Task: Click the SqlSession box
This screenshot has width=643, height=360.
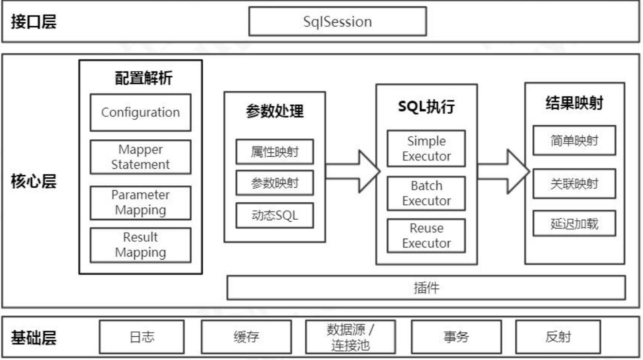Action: (x=337, y=21)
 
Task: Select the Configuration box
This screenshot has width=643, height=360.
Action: (x=140, y=113)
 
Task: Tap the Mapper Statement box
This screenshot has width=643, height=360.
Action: (x=140, y=157)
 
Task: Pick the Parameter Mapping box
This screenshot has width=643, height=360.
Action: (x=140, y=203)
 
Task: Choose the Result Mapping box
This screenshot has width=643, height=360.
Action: (x=140, y=245)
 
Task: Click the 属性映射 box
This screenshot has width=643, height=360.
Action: (x=275, y=152)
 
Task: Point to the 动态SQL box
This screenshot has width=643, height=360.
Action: (x=275, y=216)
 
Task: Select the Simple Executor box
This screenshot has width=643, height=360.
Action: (x=426, y=149)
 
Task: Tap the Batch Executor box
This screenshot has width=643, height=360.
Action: (x=426, y=193)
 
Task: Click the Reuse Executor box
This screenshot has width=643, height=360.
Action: (x=426, y=236)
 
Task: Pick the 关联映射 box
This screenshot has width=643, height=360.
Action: (x=574, y=183)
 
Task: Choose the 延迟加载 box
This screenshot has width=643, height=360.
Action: (x=574, y=224)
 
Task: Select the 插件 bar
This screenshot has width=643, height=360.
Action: (x=426, y=288)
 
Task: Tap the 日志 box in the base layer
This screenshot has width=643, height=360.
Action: (x=142, y=337)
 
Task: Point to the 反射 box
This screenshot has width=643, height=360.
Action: (x=558, y=337)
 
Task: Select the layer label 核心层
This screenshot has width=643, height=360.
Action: (x=33, y=183)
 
